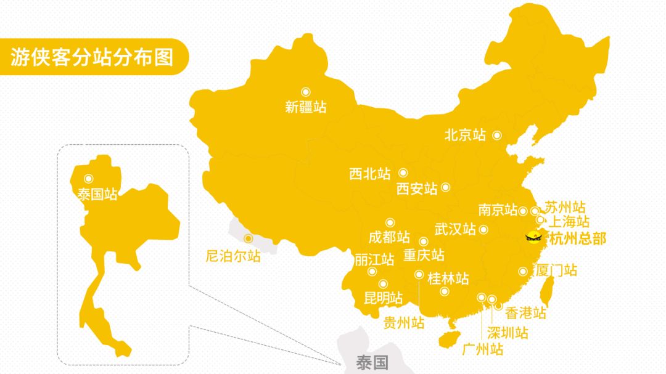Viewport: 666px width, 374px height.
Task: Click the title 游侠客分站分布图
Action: point(91,57)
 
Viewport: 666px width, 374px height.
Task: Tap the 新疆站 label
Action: point(305,107)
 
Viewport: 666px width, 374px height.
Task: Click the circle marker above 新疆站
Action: point(305,92)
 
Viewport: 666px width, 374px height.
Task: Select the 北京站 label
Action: point(465,135)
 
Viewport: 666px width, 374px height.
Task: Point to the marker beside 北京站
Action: point(496,135)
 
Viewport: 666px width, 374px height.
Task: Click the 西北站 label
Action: point(369,174)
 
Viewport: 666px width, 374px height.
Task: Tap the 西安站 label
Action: point(416,188)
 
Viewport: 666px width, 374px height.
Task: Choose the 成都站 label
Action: point(389,237)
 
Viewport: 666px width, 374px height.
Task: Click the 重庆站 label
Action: point(424,254)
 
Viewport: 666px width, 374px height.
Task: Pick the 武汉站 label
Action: point(455,229)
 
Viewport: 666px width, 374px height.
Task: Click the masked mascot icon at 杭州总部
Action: point(533,236)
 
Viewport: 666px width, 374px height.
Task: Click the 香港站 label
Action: point(525,312)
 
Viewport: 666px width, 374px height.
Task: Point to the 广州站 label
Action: point(482,349)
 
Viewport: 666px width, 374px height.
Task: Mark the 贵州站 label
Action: point(404,322)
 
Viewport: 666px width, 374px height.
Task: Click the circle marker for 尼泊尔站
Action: point(248,238)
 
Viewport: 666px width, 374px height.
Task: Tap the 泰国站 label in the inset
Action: point(97,195)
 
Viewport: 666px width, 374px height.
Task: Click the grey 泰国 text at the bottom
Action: point(372,363)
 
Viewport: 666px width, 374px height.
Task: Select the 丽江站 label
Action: point(374,259)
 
